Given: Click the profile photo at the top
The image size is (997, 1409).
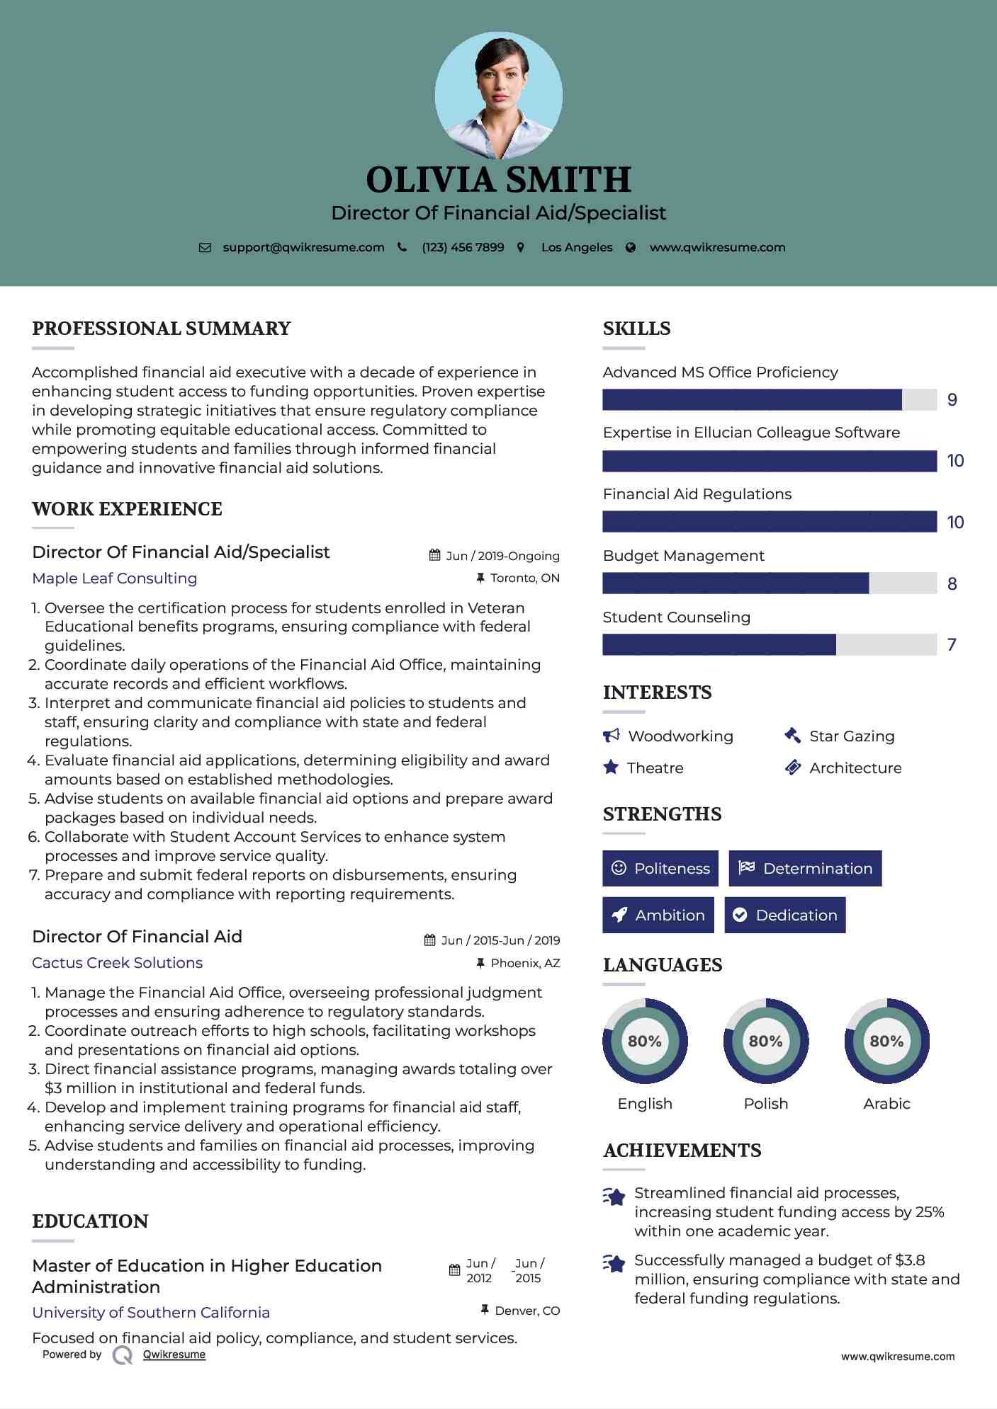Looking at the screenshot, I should pos(498,95).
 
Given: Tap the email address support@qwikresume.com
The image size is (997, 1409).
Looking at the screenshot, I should pos(303,247).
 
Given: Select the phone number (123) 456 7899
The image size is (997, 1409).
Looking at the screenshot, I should pos(463,247).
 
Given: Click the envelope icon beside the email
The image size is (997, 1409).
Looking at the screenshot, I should pos(205,248).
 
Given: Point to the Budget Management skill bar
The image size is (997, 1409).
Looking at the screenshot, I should pos(769,583).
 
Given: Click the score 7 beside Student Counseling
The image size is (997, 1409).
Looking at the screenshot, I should pos(952,644).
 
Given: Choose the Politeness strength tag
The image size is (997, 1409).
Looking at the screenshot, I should pos(660,868).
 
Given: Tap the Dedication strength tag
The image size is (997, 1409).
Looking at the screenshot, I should pos(784,915).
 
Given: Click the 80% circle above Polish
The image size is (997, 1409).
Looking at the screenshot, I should pos(765,1041).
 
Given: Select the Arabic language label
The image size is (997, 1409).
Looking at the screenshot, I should pos(886,1103).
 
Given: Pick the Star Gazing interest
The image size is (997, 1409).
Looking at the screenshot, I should pos(852,736).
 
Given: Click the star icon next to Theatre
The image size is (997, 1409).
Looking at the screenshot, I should pos(611,768).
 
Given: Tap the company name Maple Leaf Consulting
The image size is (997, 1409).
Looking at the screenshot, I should pos(115,578).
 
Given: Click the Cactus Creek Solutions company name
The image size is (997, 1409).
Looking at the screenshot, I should pos(118,963).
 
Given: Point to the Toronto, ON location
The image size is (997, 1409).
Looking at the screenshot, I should pos(524,578).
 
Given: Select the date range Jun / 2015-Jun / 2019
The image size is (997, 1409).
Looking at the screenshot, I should pos(500,940).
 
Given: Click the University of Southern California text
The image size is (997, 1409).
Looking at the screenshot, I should pos(151,1312).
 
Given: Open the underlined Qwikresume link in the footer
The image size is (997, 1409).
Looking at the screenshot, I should pos(174,1354).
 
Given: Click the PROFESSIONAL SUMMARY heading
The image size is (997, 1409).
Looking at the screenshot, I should pos(162,329).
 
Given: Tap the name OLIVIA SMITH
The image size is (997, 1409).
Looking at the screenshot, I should pos(498,180).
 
